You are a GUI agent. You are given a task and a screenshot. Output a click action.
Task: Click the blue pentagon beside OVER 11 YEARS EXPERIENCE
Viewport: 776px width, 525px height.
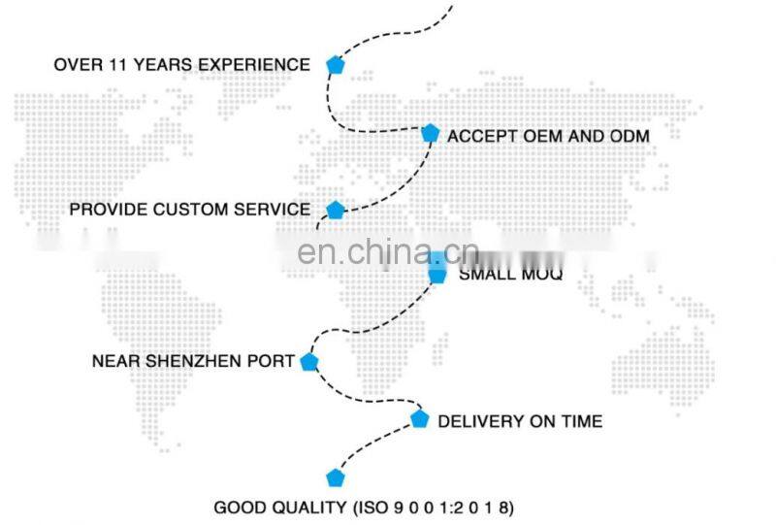click(x=335, y=65)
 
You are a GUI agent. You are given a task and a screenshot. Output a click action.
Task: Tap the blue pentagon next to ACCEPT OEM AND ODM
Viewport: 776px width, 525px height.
click(x=431, y=133)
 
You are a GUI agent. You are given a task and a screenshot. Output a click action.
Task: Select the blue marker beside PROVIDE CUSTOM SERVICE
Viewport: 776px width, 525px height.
click(x=335, y=210)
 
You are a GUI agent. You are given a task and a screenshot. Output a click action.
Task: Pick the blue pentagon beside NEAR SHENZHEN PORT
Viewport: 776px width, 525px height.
click(x=309, y=362)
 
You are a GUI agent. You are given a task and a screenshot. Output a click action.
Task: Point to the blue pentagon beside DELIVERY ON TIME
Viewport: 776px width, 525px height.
click(x=419, y=419)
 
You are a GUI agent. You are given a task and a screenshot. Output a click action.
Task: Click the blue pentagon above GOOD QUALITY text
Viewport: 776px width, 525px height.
click(x=335, y=477)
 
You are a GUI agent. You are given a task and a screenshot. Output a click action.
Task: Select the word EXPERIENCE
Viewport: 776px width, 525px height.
click(x=257, y=65)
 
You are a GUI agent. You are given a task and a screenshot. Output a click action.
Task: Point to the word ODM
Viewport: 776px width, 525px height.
click(x=630, y=136)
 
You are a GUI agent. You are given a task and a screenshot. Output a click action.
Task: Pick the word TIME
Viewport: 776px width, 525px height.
click(x=580, y=421)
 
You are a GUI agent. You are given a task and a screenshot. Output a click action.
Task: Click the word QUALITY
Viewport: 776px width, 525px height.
click(x=302, y=508)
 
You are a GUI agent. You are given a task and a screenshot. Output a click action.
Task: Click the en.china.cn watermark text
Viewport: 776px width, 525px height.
click(x=387, y=252)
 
